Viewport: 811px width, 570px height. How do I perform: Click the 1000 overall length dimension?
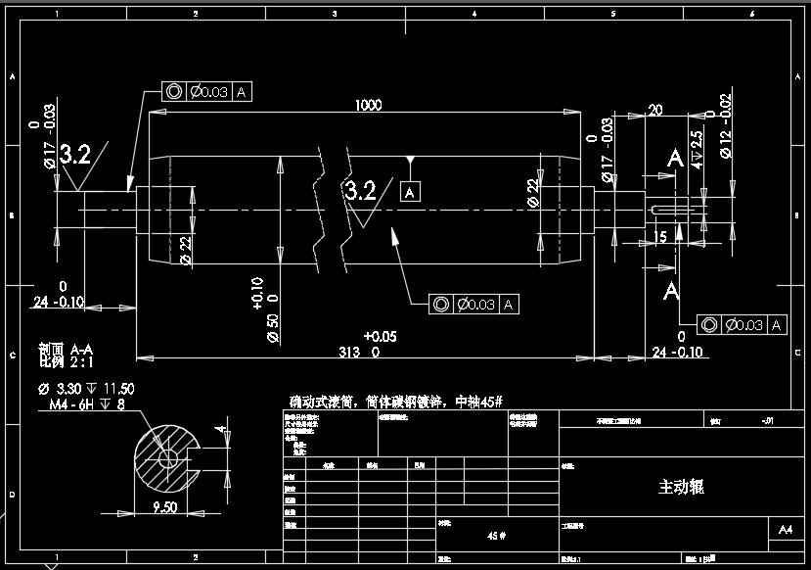pos(369,105)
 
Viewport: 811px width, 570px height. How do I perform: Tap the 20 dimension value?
pos(655,110)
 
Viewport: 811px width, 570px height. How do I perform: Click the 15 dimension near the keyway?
pos(660,237)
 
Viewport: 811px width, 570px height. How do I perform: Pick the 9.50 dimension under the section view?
pos(164,506)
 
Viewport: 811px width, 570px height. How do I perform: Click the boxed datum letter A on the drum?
pos(411,192)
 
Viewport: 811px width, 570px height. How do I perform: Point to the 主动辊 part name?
pos(682,487)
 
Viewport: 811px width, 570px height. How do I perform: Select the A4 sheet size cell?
pos(785,530)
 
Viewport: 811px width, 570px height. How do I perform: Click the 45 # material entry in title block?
pos(497,535)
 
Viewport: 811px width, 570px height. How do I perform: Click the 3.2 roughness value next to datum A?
pos(360,190)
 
